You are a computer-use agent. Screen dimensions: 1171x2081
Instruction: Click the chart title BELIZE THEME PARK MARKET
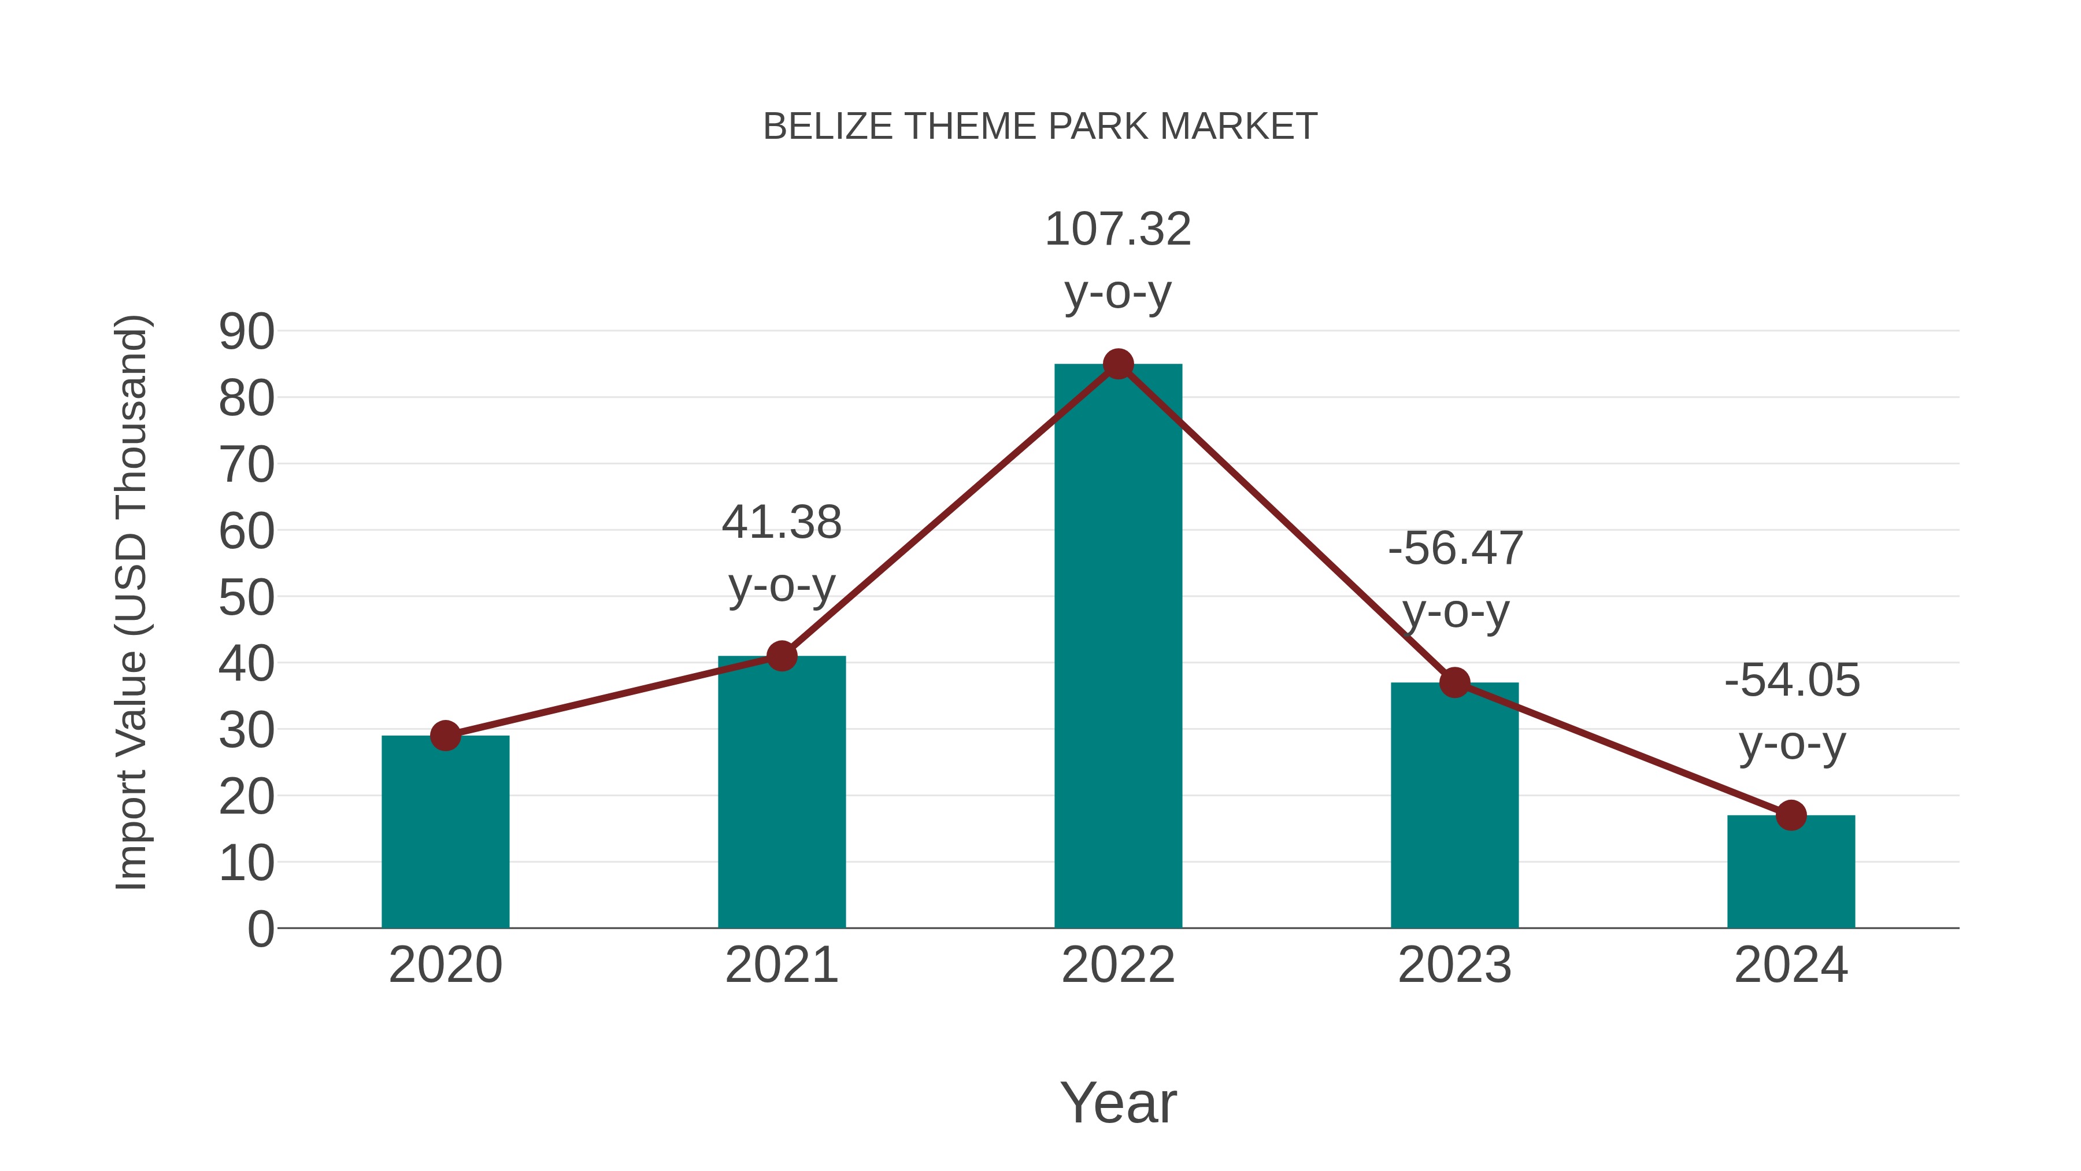point(1040,127)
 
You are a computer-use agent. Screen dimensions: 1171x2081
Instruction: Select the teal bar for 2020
point(445,832)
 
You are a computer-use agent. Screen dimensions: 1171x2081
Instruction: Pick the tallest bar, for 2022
point(1118,647)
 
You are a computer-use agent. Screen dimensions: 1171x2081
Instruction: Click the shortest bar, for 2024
point(1791,872)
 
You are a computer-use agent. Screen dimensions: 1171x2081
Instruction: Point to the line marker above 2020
point(445,736)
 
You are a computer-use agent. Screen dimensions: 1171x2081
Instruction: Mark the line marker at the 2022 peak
point(1118,364)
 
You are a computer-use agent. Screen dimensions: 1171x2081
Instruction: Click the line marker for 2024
point(1791,815)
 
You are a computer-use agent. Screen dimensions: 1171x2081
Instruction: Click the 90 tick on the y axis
point(246,331)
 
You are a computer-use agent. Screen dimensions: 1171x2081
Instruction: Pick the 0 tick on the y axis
point(260,929)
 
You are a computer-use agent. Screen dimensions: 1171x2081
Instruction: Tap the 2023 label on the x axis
point(1454,965)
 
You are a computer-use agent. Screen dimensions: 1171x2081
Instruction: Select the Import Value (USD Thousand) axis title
point(131,602)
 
